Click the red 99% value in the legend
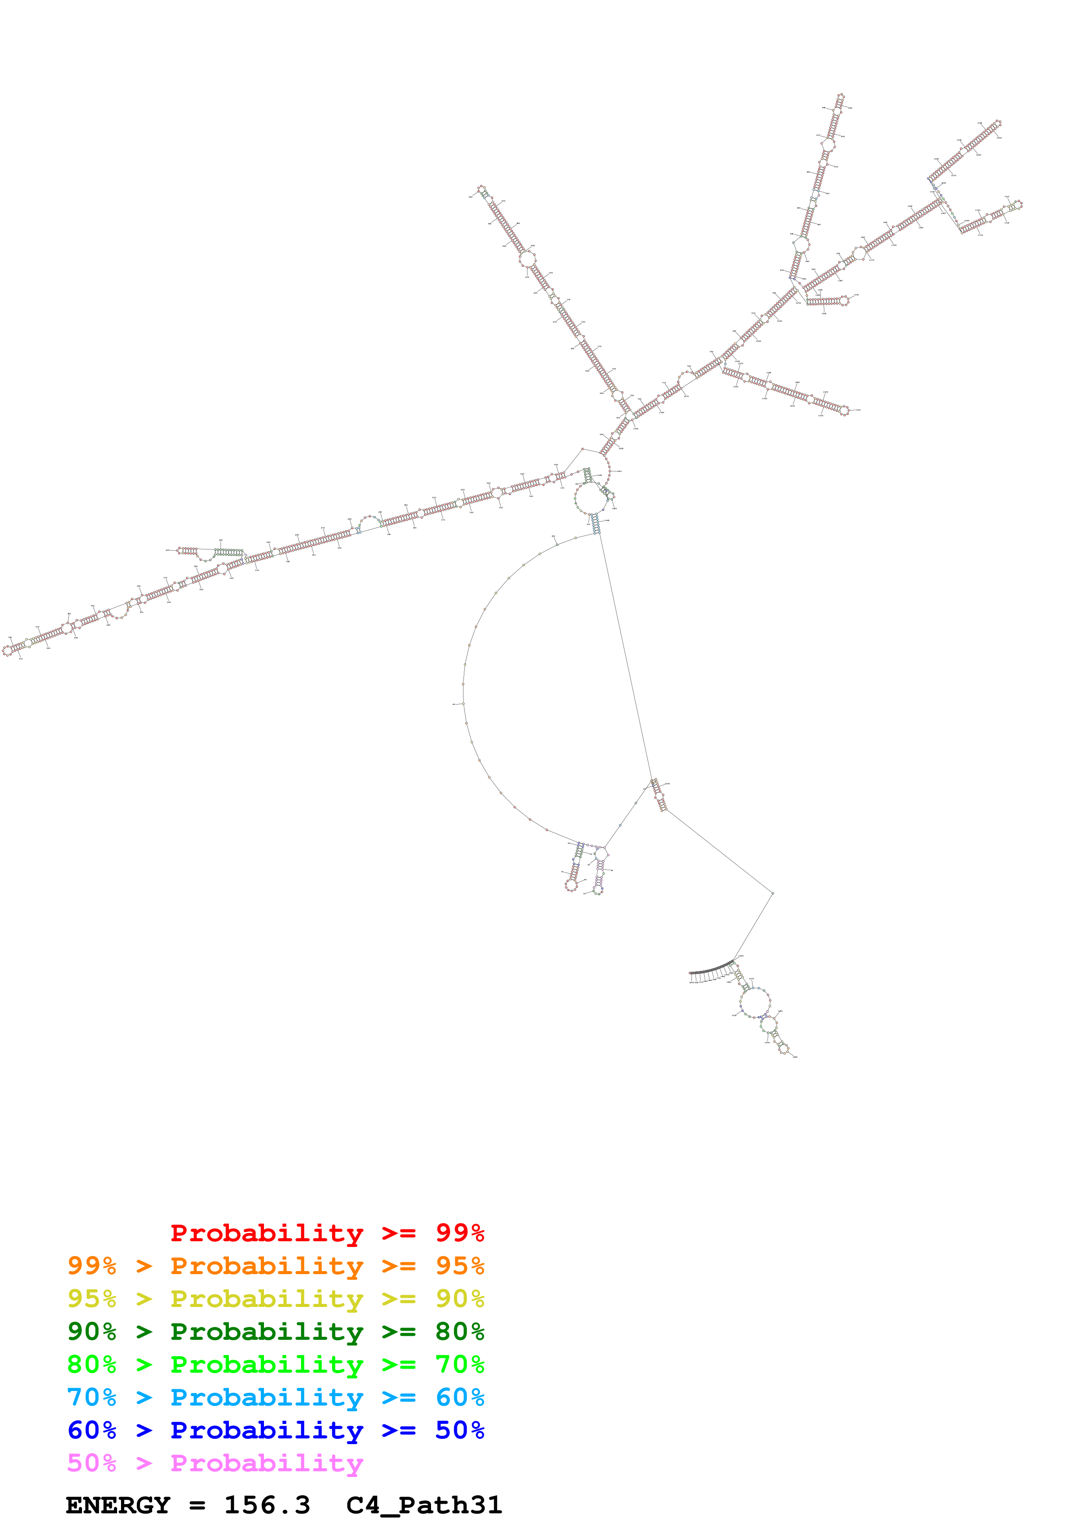coord(460,1233)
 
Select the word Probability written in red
coord(267,1233)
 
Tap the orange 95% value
coord(460,1266)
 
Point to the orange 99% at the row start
coord(92,1266)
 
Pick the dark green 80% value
coord(460,1332)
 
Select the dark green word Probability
coord(267,1332)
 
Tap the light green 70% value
coord(460,1364)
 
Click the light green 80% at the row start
coord(92,1364)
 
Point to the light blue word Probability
coord(267,1397)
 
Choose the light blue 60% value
coord(460,1397)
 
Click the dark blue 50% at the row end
coord(460,1430)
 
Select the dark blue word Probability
coord(267,1430)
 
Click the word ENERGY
coord(118,1505)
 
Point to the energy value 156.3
coord(267,1505)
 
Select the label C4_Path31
coord(424,1505)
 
